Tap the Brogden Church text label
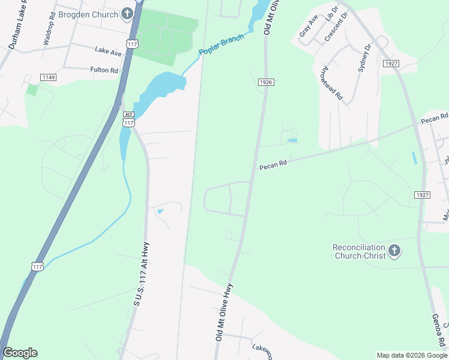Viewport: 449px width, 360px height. click(x=88, y=14)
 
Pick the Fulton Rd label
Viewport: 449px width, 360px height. click(x=104, y=70)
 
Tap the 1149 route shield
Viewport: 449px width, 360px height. click(x=48, y=77)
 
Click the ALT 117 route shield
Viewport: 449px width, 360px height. click(x=128, y=119)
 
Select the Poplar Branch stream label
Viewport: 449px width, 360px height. click(x=221, y=46)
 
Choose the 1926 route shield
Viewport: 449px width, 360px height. click(x=267, y=82)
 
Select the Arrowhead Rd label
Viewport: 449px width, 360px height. click(x=331, y=83)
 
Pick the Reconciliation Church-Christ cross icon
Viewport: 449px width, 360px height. click(x=394, y=251)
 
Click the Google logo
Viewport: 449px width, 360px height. click(x=20, y=353)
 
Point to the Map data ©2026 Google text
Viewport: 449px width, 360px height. click(x=411, y=355)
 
